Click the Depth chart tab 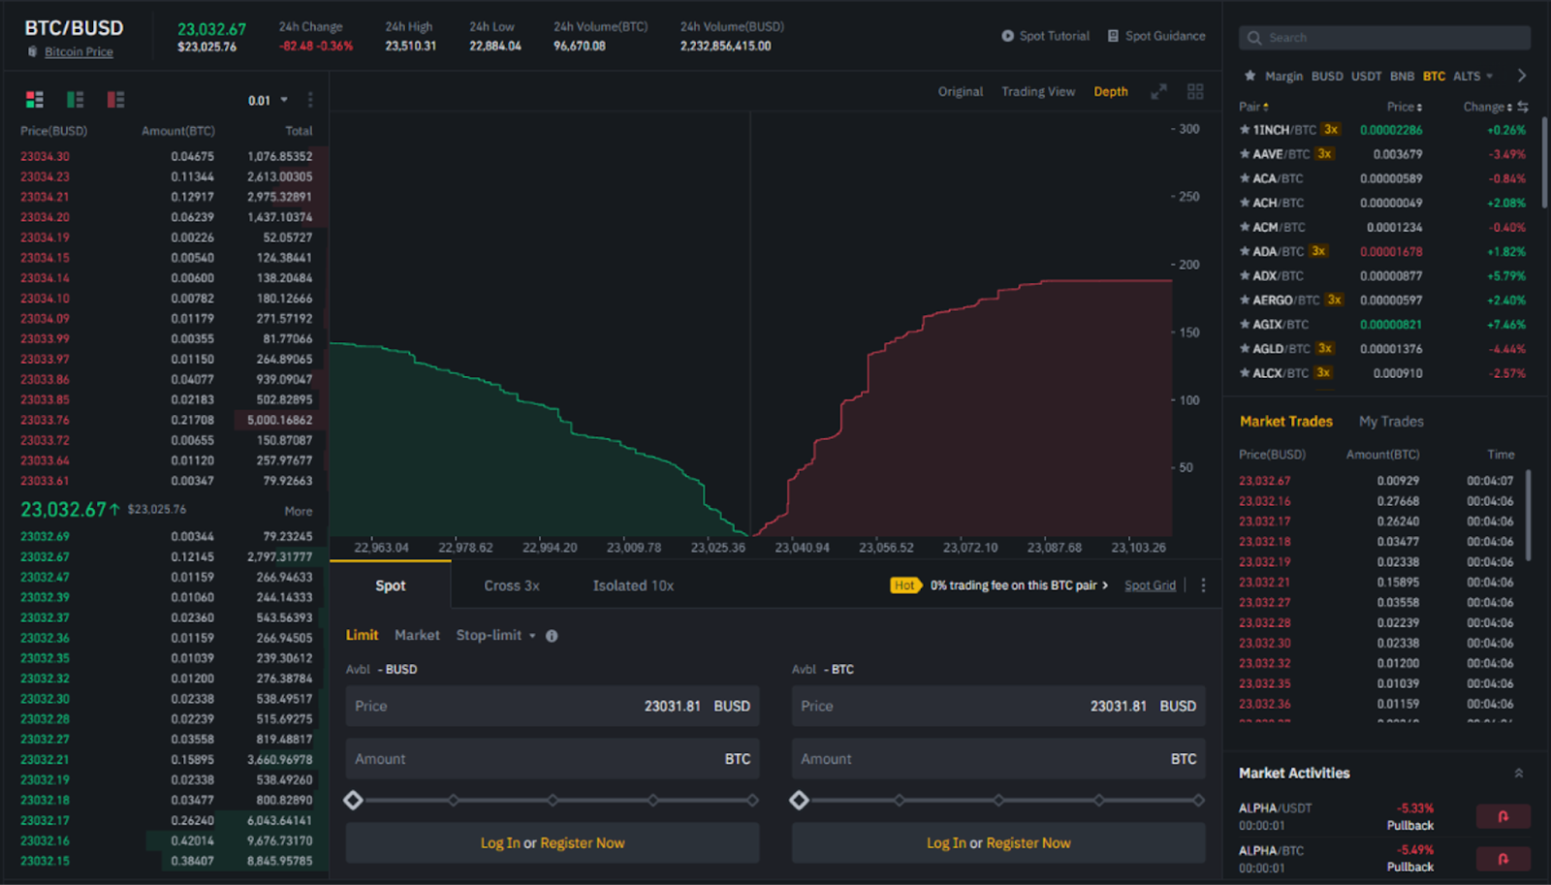point(1110,91)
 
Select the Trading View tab point(1037,91)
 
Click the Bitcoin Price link point(79,52)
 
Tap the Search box point(1384,38)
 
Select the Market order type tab point(417,635)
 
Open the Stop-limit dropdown point(495,635)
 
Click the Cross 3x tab point(512,585)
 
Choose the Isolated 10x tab point(633,585)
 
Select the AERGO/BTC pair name point(1285,300)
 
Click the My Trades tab point(1391,422)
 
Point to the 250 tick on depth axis point(1188,197)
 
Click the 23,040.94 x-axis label point(802,548)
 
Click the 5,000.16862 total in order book point(279,420)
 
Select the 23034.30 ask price point(45,156)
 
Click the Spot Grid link point(1150,585)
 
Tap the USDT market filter point(1366,76)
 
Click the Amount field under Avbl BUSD point(552,759)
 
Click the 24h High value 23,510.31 point(410,46)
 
